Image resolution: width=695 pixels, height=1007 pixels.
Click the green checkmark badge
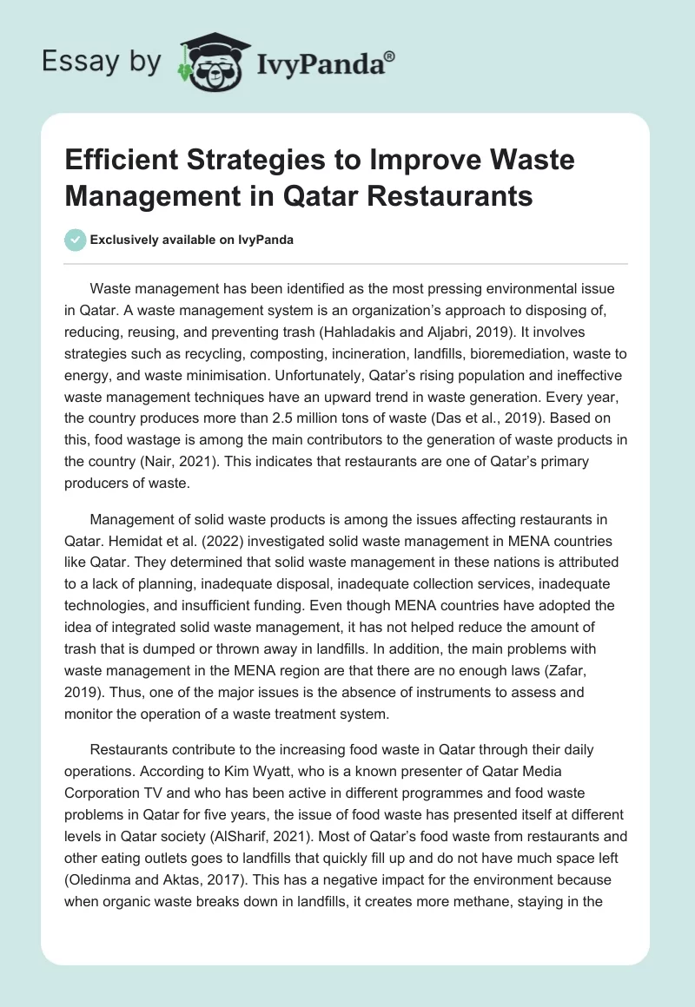click(x=76, y=240)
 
